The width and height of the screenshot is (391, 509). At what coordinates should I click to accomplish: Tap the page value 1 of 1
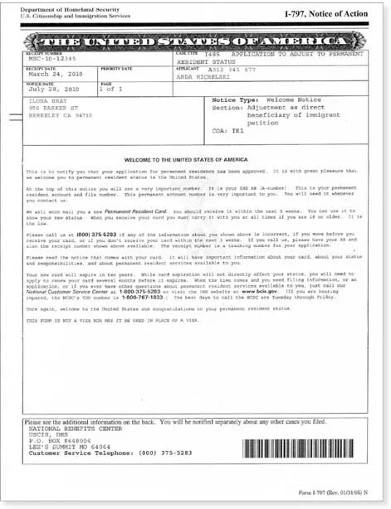(110, 89)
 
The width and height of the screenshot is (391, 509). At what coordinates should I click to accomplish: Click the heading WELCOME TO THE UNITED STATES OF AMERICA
(195, 158)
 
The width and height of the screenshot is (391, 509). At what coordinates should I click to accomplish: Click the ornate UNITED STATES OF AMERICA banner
(195, 41)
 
